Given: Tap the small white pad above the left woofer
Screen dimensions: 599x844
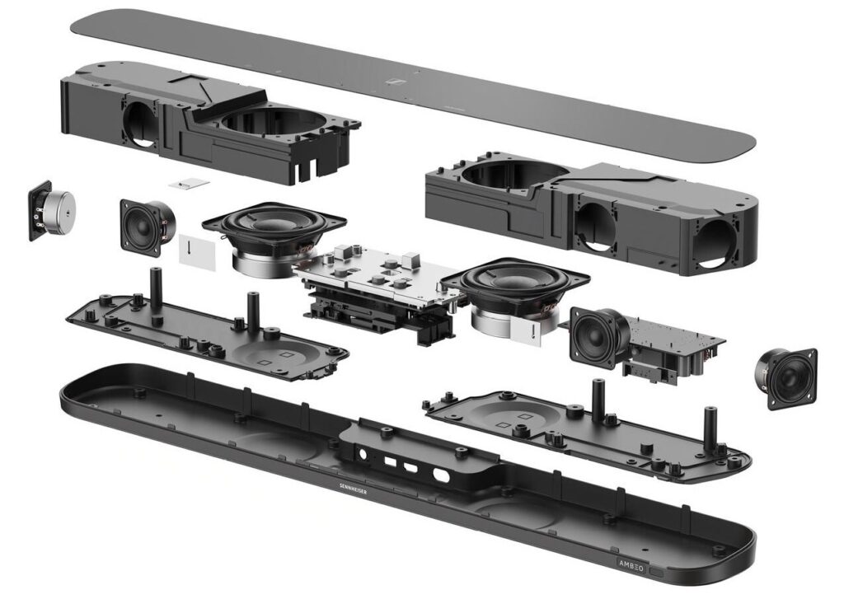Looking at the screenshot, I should (x=189, y=184).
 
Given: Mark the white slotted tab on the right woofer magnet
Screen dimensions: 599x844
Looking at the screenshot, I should (x=527, y=331).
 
